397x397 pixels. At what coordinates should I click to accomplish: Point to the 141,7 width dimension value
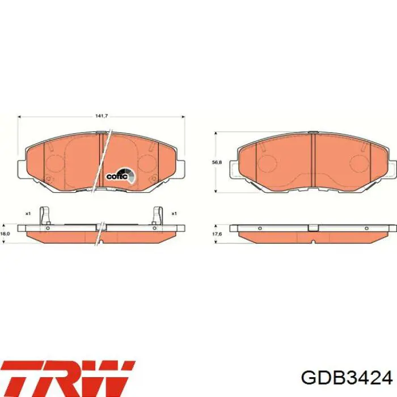pyautogui.click(x=102, y=116)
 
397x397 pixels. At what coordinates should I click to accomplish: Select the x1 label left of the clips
pyautogui.click(x=27, y=213)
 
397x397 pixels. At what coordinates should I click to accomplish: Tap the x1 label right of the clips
pyautogui.click(x=175, y=213)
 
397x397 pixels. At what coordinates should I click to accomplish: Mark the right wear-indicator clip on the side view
pyautogui.click(x=158, y=216)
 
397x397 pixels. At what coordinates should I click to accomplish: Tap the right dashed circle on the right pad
pyautogui.click(x=360, y=163)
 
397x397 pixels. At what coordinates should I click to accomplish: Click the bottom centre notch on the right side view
pyautogui.click(x=312, y=242)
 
